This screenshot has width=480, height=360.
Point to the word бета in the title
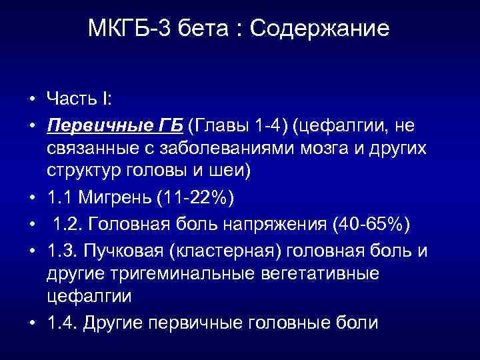click(x=201, y=29)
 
